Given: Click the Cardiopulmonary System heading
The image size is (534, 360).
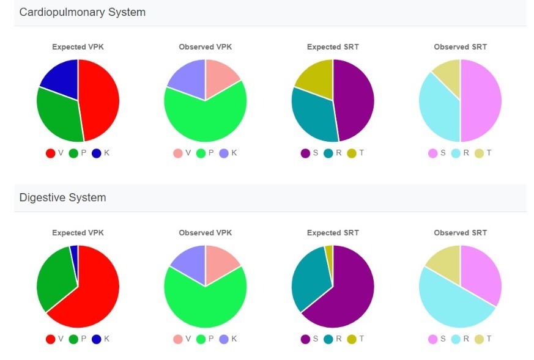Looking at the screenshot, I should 83,12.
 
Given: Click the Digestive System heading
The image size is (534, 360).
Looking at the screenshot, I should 62,197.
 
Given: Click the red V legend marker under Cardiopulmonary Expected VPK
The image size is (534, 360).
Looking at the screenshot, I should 51,153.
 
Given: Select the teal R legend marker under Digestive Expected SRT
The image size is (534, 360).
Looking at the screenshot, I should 328,339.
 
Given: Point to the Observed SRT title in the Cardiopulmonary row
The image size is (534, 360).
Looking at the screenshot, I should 460,47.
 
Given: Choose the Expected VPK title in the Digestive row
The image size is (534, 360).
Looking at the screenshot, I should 78,233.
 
